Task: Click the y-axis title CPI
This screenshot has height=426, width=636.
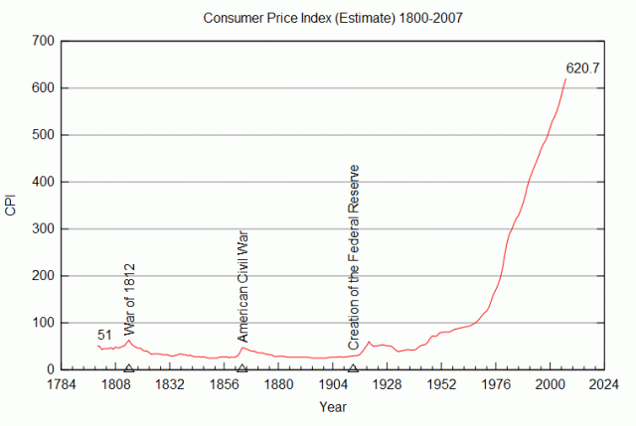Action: tap(11, 206)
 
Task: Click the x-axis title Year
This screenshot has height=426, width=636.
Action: tap(333, 407)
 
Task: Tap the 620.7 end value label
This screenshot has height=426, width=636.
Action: tap(584, 69)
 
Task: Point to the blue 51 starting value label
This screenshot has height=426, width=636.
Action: tap(105, 335)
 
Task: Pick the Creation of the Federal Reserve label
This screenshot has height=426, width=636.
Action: tap(354, 256)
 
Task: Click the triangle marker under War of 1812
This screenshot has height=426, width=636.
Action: tap(129, 368)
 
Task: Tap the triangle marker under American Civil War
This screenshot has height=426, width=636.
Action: tap(242, 368)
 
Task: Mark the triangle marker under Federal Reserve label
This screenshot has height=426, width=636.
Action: tap(353, 368)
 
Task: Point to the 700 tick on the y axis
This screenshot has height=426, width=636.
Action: tap(42, 42)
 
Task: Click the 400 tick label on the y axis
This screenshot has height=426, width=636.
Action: tap(42, 182)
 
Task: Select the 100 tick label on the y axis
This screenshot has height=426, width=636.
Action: tap(42, 323)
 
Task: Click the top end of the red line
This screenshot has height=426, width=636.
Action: tap(565, 78)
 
